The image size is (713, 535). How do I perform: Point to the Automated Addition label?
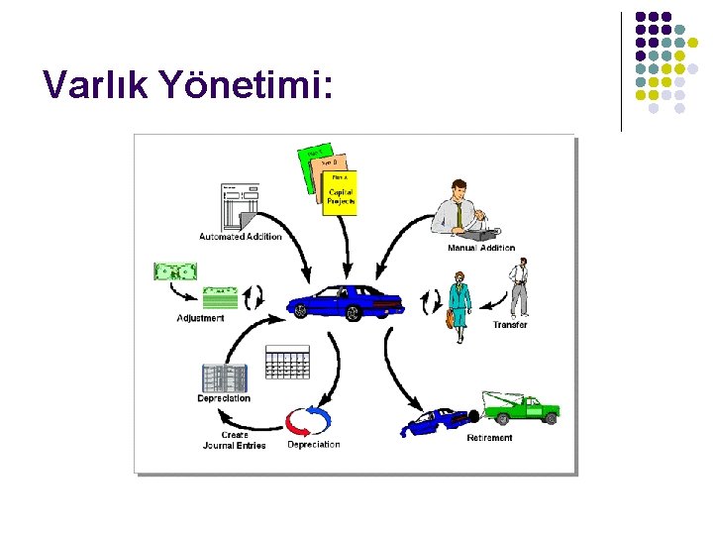241,236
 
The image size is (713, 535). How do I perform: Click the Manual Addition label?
481,248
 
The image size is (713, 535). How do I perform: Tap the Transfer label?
510,325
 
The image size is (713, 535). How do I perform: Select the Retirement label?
489,438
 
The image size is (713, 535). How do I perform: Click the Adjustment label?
200,318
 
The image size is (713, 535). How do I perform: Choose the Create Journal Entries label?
235,440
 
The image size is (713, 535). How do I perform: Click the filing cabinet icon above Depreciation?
223,377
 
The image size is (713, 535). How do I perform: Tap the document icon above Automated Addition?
240,206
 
